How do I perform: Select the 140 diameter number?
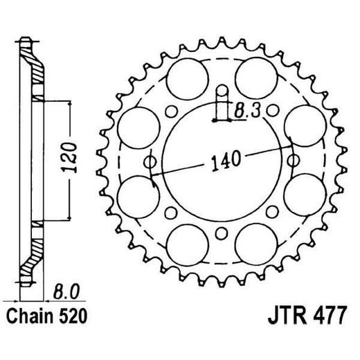tap(223, 161)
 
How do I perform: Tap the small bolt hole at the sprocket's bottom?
tap(222, 233)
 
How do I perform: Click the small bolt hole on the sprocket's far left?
tap(147, 161)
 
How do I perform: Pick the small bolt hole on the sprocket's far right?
tap(296, 161)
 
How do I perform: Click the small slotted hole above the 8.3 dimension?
tap(222, 91)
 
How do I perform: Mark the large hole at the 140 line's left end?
tap(136, 197)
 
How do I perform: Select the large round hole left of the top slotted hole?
tap(187, 75)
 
